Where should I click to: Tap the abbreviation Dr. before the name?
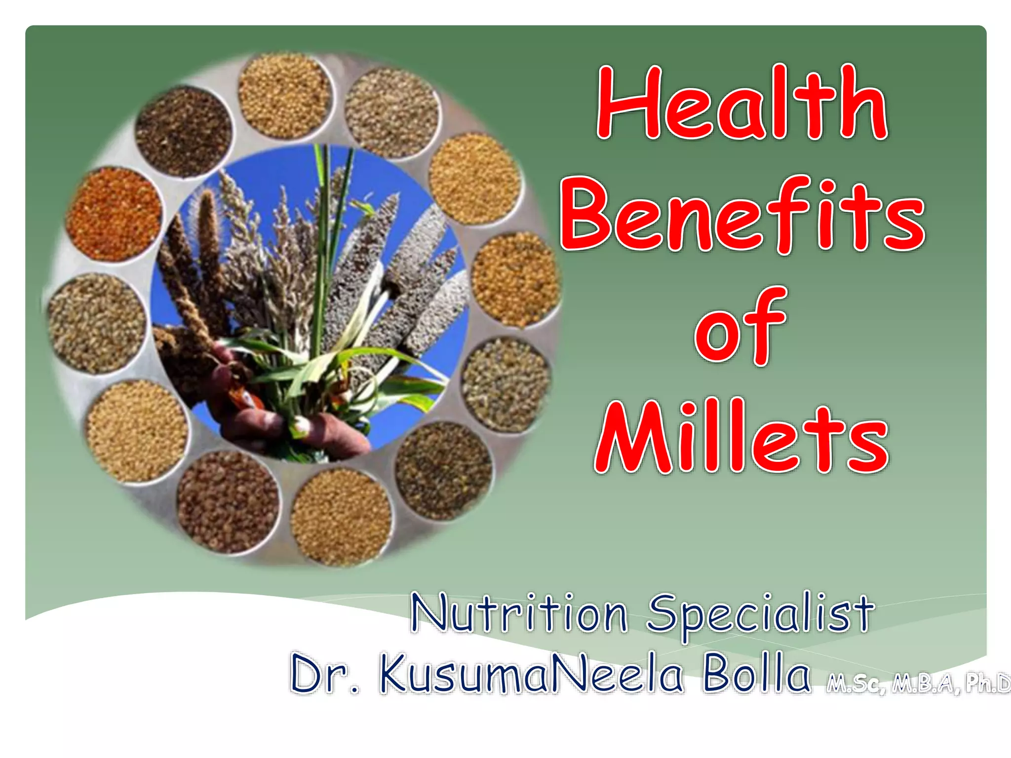[323, 674]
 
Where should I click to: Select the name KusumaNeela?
[531, 674]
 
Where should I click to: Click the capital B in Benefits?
[585, 215]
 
